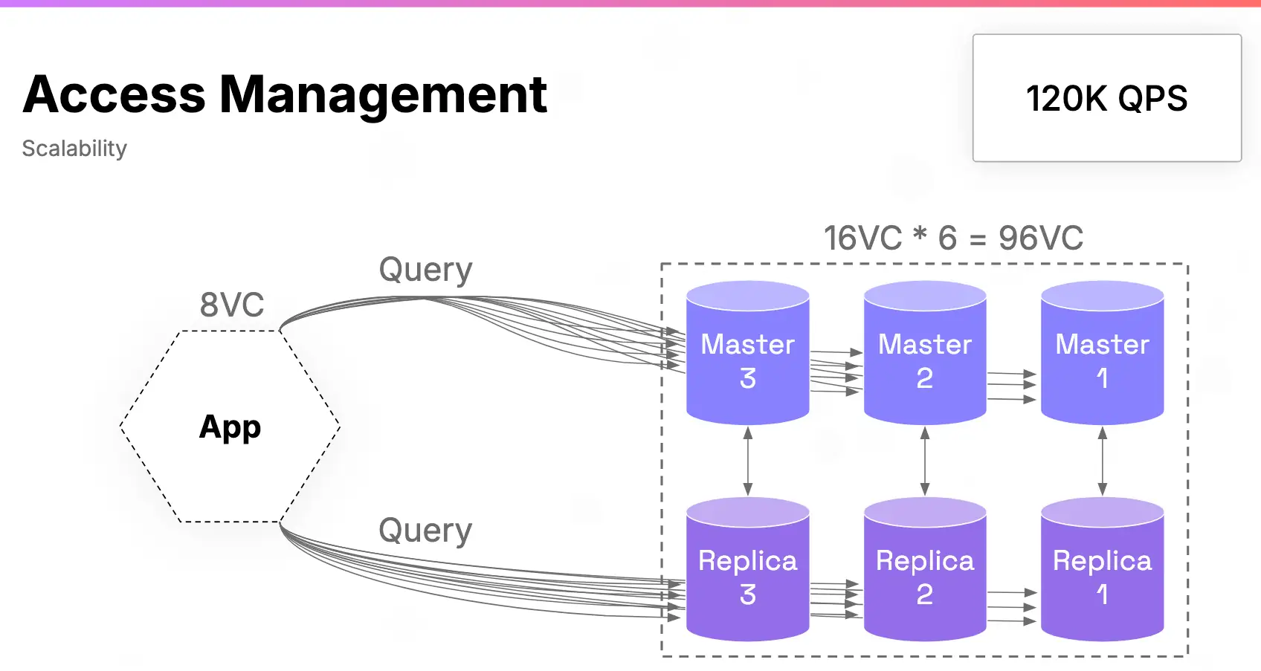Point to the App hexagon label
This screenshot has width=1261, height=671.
click(230, 427)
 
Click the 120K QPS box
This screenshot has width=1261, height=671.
click(1106, 98)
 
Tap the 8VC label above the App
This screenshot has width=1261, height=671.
click(232, 305)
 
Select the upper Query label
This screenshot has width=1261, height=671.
click(425, 270)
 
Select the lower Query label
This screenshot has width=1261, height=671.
click(425, 531)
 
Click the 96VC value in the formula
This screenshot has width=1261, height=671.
click(1040, 239)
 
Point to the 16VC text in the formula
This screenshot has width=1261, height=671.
click(862, 239)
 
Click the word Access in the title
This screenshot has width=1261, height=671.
click(114, 95)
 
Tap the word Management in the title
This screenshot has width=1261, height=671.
click(383, 95)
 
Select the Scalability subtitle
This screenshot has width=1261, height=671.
click(74, 149)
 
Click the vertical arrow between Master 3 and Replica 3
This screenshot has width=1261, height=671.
click(748, 461)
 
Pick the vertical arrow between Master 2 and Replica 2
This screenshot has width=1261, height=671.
click(925, 461)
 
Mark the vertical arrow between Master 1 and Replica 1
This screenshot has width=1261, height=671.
click(1103, 461)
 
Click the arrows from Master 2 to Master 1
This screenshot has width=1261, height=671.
click(1012, 385)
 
